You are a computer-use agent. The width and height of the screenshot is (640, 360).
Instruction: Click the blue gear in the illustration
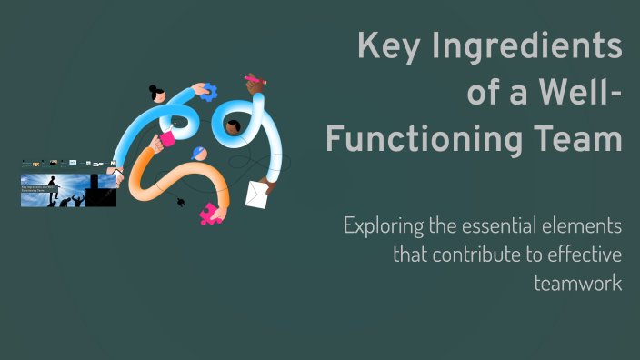(208, 91)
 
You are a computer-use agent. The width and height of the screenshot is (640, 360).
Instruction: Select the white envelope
(257, 194)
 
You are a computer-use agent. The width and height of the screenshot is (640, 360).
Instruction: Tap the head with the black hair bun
(157, 94)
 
